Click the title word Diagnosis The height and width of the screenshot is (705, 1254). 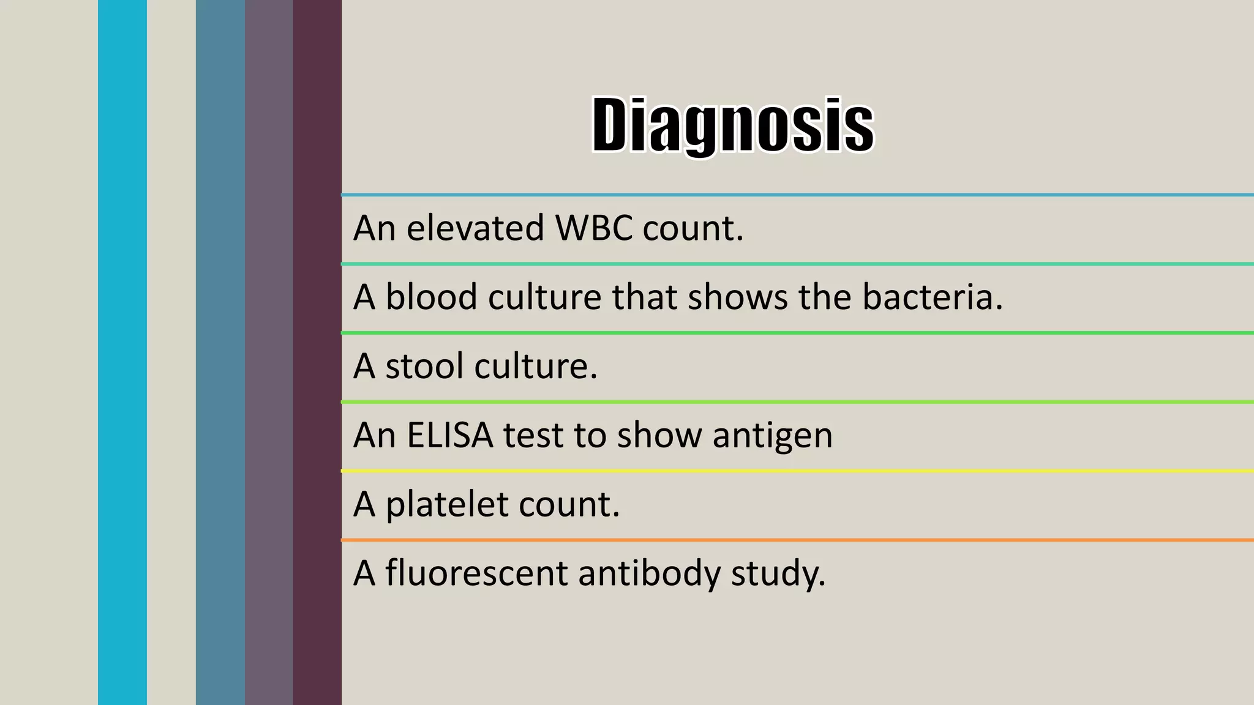pyautogui.click(x=732, y=125)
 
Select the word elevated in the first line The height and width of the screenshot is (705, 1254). pyautogui.click(x=475, y=228)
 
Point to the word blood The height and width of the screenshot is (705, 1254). pyautogui.click(x=431, y=297)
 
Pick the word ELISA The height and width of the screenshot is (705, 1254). pyautogui.click(x=449, y=436)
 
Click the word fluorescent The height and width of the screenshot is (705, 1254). pyautogui.click(x=476, y=573)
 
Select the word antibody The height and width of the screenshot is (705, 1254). pyautogui.click(x=649, y=573)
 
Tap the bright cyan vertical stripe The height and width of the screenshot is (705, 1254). pyautogui.click(x=122, y=352)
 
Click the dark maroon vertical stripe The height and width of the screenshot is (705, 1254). pyautogui.click(x=317, y=352)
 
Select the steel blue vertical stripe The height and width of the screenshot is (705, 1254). pyautogui.click(x=220, y=352)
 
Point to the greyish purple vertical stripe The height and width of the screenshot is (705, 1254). pyautogui.click(x=269, y=352)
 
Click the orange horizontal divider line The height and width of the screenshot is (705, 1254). pyautogui.click(x=796, y=540)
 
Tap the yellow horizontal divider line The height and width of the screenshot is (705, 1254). pyautogui.click(x=796, y=471)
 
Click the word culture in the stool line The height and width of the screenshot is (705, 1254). pyautogui.click(x=535, y=367)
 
